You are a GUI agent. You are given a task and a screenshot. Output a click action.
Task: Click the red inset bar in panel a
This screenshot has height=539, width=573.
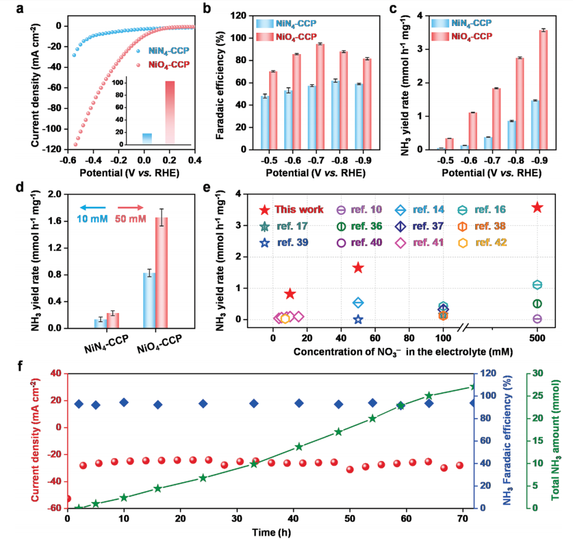click(170, 112)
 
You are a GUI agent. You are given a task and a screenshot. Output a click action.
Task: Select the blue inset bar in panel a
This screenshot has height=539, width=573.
click(147, 139)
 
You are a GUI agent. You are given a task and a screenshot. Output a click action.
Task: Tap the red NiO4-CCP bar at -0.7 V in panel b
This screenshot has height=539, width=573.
click(320, 97)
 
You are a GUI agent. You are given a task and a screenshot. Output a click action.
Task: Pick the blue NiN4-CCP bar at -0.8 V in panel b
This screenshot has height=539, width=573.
click(335, 115)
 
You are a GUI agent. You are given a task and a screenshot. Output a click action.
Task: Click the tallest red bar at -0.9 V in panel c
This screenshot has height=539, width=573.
click(543, 90)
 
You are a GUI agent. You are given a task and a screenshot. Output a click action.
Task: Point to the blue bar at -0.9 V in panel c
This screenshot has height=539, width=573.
click(535, 125)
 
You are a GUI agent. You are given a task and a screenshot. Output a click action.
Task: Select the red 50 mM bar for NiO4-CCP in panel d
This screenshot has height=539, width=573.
click(161, 273)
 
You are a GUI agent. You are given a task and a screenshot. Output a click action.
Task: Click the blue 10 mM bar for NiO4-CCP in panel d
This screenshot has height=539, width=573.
click(150, 300)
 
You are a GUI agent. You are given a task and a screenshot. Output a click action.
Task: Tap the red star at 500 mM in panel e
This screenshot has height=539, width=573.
click(537, 207)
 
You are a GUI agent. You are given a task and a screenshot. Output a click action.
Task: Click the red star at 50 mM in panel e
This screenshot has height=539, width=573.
click(358, 267)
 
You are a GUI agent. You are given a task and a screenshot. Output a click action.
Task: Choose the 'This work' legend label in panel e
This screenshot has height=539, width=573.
click(299, 210)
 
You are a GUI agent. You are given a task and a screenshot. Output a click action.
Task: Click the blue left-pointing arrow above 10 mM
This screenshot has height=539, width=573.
click(93, 207)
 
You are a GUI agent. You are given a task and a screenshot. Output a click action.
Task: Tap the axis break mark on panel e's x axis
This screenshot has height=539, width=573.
click(463, 328)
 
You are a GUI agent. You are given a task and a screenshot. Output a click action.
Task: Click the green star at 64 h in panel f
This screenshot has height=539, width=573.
click(429, 396)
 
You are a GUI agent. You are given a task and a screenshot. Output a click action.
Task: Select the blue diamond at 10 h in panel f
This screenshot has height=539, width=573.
click(124, 402)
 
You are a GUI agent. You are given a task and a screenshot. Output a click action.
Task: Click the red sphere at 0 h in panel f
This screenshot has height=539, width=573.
click(67, 499)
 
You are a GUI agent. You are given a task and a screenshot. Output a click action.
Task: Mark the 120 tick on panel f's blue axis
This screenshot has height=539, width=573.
click(488, 373)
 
